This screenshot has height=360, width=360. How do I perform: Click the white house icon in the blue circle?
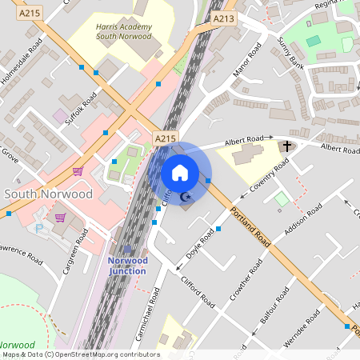coord(180,172)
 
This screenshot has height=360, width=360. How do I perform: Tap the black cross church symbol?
coord(286,146)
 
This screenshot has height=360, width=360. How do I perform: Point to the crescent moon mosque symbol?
coord(186,197)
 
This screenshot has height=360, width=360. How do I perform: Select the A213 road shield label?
coord(225,17)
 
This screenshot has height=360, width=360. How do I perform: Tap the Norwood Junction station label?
coord(127,266)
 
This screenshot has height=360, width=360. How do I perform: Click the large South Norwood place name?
coord(48,194)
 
